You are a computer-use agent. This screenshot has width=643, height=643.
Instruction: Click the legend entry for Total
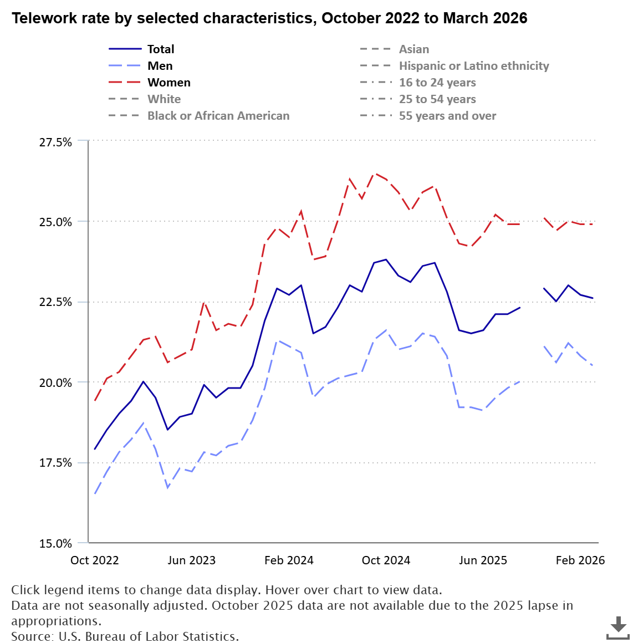pos(160,49)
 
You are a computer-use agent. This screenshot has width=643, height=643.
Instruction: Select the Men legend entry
pos(160,66)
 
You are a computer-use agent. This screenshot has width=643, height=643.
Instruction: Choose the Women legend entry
pos(169,83)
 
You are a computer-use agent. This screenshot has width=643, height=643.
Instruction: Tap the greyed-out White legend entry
pos(164,99)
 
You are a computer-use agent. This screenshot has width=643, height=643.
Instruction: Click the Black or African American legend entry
pos(218,116)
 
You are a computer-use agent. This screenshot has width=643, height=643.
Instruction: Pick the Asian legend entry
pos(414,49)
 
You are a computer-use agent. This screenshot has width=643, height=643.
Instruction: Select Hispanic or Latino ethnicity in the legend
pos(473,66)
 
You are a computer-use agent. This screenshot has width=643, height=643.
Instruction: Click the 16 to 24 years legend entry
pos(437,83)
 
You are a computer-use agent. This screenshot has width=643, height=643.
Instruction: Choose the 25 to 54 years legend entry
pos(437,99)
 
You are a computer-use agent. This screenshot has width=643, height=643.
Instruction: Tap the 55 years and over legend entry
pos(447,116)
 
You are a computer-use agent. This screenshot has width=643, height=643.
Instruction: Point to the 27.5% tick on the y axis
pos(55,142)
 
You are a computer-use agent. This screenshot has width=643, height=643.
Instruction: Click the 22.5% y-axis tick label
pos(55,302)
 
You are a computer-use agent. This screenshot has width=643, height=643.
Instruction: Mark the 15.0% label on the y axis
pos(55,543)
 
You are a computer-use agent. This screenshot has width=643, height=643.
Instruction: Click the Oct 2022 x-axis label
pos(95,560)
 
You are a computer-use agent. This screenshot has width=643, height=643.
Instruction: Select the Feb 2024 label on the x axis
pos(289,560)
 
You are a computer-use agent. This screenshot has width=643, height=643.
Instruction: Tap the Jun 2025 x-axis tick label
pos(483,560)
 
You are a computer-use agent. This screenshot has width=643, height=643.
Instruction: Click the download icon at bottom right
pos(618,627)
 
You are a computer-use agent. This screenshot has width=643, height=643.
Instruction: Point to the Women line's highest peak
pos(374,173)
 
